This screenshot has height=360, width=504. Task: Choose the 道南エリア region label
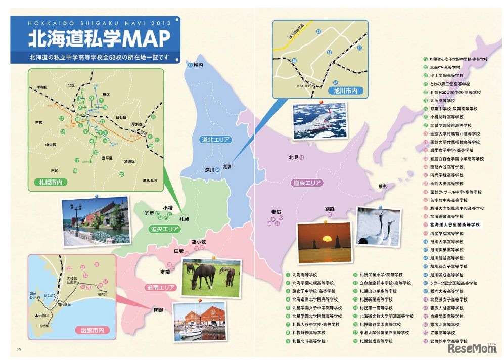[x=160, y=288]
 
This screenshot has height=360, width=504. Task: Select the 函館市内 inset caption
[x=91, y=330]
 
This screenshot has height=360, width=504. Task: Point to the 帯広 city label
[x=276, y=212]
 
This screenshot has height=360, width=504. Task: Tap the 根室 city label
[x=382, y=186]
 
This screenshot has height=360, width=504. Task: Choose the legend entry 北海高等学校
[x=308, y=275]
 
